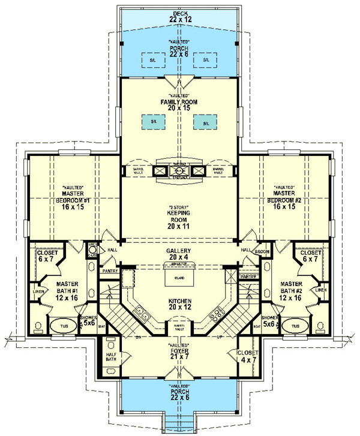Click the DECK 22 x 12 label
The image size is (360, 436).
(x=180, y=16)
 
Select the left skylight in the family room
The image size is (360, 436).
(x=154, y=121)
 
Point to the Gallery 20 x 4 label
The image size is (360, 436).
(x=179, y=254)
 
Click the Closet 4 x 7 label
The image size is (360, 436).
(x=248, y=356)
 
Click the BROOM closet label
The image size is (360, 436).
(x=261, y=252)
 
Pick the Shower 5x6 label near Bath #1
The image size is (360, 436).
(x=88, y=320)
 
